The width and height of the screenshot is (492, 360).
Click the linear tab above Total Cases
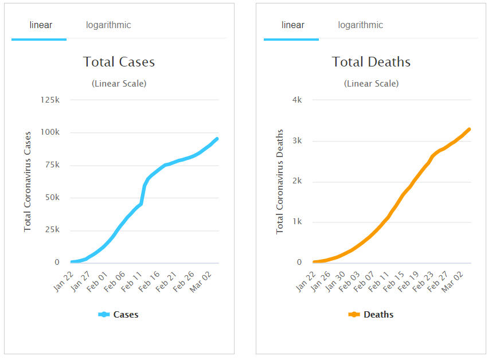pos(41,25)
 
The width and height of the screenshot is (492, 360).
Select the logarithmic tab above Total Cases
pos(108,25)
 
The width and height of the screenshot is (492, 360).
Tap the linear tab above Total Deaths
pos(293,25)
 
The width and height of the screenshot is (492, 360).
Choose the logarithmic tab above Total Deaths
pos(360,25)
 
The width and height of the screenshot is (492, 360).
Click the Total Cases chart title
pos(119,62)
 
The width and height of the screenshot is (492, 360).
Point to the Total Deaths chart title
pos(371,62)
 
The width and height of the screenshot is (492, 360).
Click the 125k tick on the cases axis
pos(50,100)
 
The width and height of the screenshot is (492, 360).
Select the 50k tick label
pos(52,198)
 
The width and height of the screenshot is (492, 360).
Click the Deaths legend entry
pos(371,315)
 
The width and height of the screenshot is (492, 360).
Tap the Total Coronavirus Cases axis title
pos(28,181)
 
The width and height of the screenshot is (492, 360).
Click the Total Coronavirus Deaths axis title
pos(280,181)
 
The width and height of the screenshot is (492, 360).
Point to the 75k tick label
pos(52,165)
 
